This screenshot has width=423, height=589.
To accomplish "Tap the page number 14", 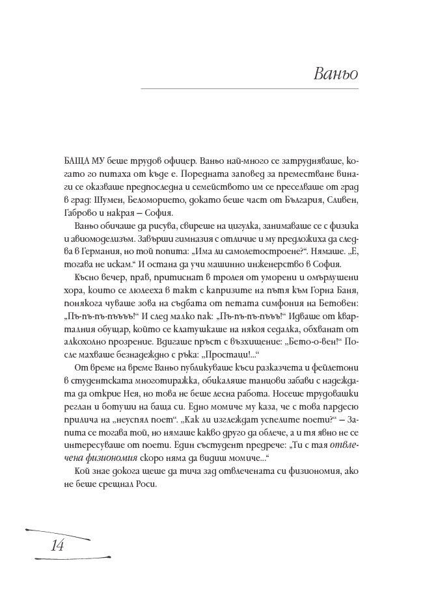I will click(56, 545).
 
